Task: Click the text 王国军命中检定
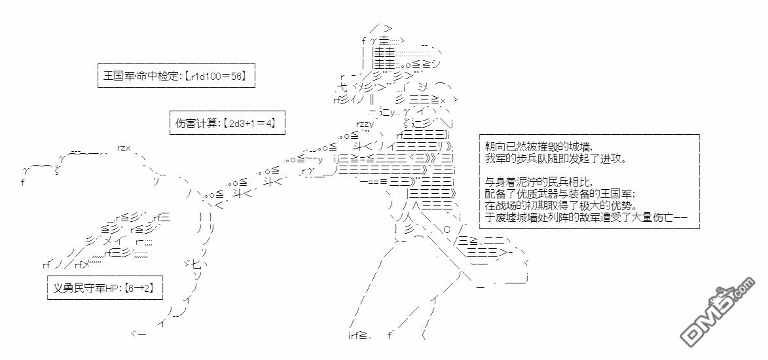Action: (x=139, y=76)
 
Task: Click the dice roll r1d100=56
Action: (x=216, y=76)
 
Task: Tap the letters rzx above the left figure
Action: (x=124, y=147)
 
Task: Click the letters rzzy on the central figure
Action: (x=365, y=123)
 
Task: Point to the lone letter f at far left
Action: (x=23, y=183)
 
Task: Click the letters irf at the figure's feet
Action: (x=356, y=336)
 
